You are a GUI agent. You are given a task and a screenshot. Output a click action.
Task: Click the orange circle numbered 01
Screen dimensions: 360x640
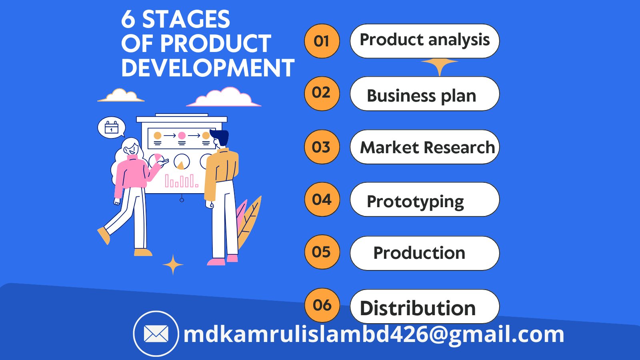point(322,41)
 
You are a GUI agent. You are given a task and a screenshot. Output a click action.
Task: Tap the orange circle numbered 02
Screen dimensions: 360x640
point(322,93)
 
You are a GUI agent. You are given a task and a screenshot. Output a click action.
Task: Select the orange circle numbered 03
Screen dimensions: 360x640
point(322,147)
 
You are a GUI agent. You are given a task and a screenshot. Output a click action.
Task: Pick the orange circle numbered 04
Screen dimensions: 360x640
point(322,199)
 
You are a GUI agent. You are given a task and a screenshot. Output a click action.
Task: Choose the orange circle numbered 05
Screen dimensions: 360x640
point(322,252)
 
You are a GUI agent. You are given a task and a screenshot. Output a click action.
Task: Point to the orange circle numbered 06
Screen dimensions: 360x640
point(322,305)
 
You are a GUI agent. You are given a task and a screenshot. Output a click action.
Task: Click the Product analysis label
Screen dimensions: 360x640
point(424,40)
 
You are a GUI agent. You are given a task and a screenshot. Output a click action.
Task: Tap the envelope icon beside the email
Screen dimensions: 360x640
point(156,334)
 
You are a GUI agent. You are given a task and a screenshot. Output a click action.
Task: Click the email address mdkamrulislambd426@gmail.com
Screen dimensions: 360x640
point(374,334)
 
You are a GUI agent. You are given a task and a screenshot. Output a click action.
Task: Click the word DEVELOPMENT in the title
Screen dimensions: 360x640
point(208,68)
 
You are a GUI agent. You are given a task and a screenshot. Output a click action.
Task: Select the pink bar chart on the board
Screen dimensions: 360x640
point(181,181)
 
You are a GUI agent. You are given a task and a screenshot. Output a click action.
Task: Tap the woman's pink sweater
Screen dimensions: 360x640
point(131,172)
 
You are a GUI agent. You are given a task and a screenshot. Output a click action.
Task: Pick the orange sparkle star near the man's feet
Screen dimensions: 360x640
point(173,265)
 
